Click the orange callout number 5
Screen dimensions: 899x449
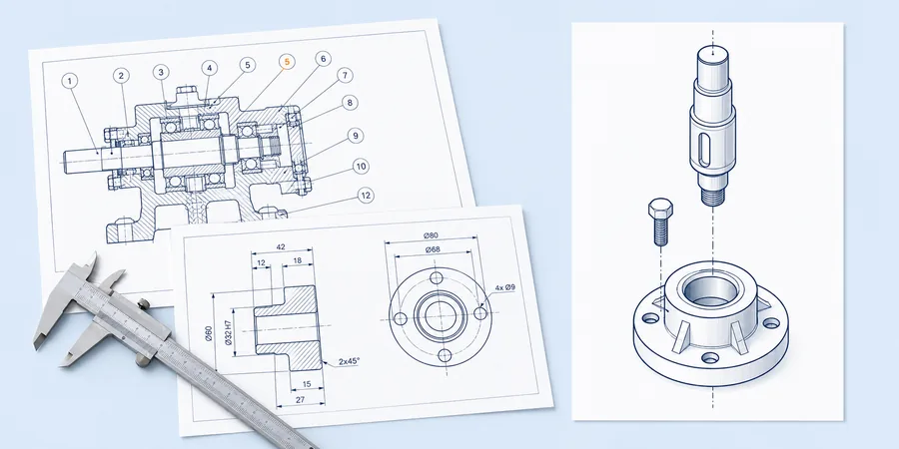(x=288, y=62)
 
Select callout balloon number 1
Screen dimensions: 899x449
(x=70, y=82)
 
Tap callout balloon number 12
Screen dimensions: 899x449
(x=366, y=196)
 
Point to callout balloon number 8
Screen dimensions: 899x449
(x=350, y=103)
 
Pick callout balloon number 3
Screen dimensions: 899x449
(x=161, y=72)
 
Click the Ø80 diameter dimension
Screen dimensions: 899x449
(x=431, y=235)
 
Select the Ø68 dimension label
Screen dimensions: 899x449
(x=432, y=249)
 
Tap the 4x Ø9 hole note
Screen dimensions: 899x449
(x=504, y=287)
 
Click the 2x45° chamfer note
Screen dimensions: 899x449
(x=349, y=361)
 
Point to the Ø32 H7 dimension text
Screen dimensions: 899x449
(x=228, y=332)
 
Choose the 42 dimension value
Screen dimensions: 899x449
(x=281, y=247)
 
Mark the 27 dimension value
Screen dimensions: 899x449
(x=300, y=400)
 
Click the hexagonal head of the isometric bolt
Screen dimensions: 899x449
(x=660, y=207)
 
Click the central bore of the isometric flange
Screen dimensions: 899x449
(x=710, y=292)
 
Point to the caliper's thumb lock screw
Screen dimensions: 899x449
(x=145, y=304)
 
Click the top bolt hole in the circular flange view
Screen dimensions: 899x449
(x=437, y=279)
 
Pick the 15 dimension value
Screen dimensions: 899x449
(x=307, y=384)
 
